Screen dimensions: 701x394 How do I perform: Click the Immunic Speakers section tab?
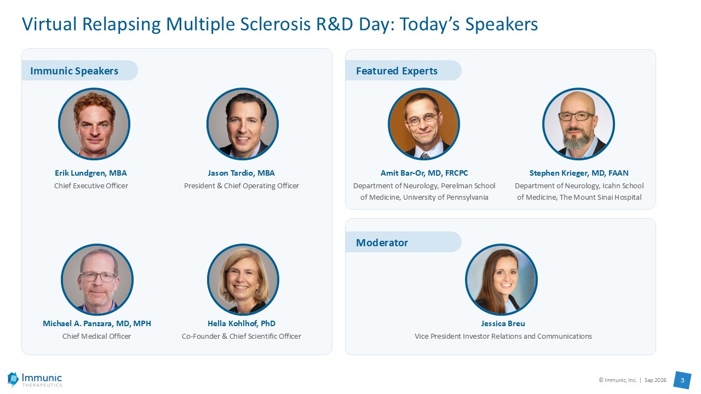[79, 71]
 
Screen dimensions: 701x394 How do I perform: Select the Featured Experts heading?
[397, 71]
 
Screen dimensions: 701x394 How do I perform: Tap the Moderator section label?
[382, 242]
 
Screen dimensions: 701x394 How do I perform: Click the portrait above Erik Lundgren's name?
[94, 124]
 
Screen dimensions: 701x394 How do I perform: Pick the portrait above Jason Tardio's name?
[243, 124]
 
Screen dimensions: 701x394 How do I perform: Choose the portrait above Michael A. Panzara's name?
[97, 280]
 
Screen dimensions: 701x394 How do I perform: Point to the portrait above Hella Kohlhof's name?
[243, 280]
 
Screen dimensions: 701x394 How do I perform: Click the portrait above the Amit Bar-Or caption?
[424, 124]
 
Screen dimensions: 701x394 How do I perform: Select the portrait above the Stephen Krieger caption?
[578, 124]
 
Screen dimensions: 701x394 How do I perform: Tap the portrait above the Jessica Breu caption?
[501, 280]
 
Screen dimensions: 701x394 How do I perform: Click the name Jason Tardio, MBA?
[242, 173]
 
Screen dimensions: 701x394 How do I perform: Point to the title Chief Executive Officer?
[91, 186]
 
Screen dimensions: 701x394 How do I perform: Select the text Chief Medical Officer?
[97, 336]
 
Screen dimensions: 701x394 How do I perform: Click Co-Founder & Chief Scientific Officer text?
[242, 336]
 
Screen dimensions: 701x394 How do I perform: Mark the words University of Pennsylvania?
[446, 198]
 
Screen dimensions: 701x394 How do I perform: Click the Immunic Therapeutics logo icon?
[13, 379]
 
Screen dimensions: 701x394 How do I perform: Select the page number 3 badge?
[682, 380]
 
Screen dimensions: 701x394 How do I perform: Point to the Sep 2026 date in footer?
[656, 380]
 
